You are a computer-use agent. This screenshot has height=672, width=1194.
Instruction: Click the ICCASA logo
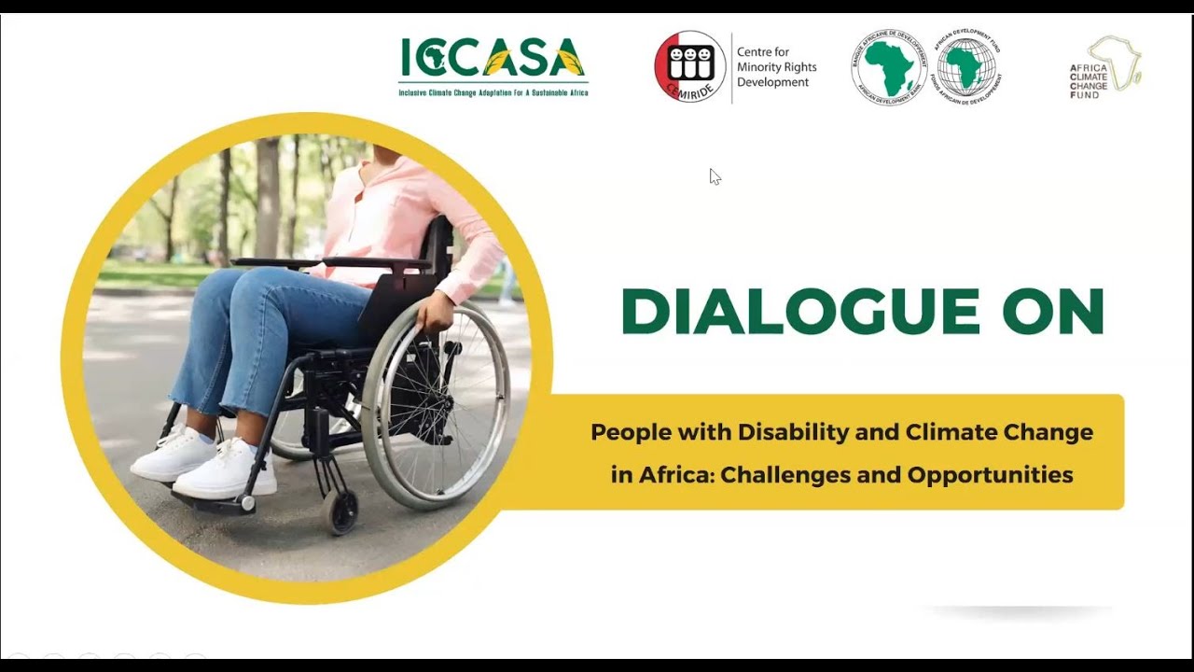(493, 65)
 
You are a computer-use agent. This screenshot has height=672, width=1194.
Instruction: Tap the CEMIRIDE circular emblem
(690, 66)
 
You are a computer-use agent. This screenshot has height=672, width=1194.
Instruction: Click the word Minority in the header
(776, 67)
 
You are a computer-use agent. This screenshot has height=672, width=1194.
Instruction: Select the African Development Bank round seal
(888, 66)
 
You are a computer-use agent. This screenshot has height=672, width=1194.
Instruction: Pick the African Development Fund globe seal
(965, 66)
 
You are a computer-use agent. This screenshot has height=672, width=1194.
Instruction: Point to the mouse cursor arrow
(714, 175)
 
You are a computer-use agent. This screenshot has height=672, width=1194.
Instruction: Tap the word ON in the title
(1053, 312)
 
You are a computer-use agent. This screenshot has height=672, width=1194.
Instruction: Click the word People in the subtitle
(625, 433)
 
